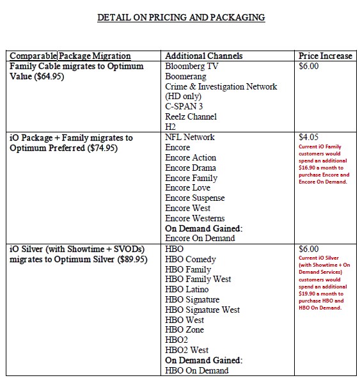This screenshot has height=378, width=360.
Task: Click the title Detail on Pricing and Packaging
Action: (181, 18)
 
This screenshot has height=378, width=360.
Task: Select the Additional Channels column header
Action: (203, 56)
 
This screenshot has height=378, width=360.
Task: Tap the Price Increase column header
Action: (325, 56)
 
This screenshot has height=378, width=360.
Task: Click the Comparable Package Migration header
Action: (70, 56)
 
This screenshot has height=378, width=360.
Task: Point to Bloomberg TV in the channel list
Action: (190, 66)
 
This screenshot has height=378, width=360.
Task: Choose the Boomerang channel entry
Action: (186, 76)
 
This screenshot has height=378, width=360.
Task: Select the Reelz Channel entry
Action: (191, 116)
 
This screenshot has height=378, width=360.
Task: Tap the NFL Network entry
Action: (190, 137)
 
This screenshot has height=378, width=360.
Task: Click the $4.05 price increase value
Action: (309, 137)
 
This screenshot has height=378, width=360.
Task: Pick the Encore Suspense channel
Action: (195, 198)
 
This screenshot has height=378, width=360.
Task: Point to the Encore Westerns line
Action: (195, 219)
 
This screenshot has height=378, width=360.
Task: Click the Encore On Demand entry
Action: (200, 239)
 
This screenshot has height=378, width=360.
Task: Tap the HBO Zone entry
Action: (185, 330)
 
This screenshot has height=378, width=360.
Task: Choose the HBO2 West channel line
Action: (187, 350)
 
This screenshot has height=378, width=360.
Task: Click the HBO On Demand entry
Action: (197, 370)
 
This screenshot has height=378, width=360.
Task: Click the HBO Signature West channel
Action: (203, 310)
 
